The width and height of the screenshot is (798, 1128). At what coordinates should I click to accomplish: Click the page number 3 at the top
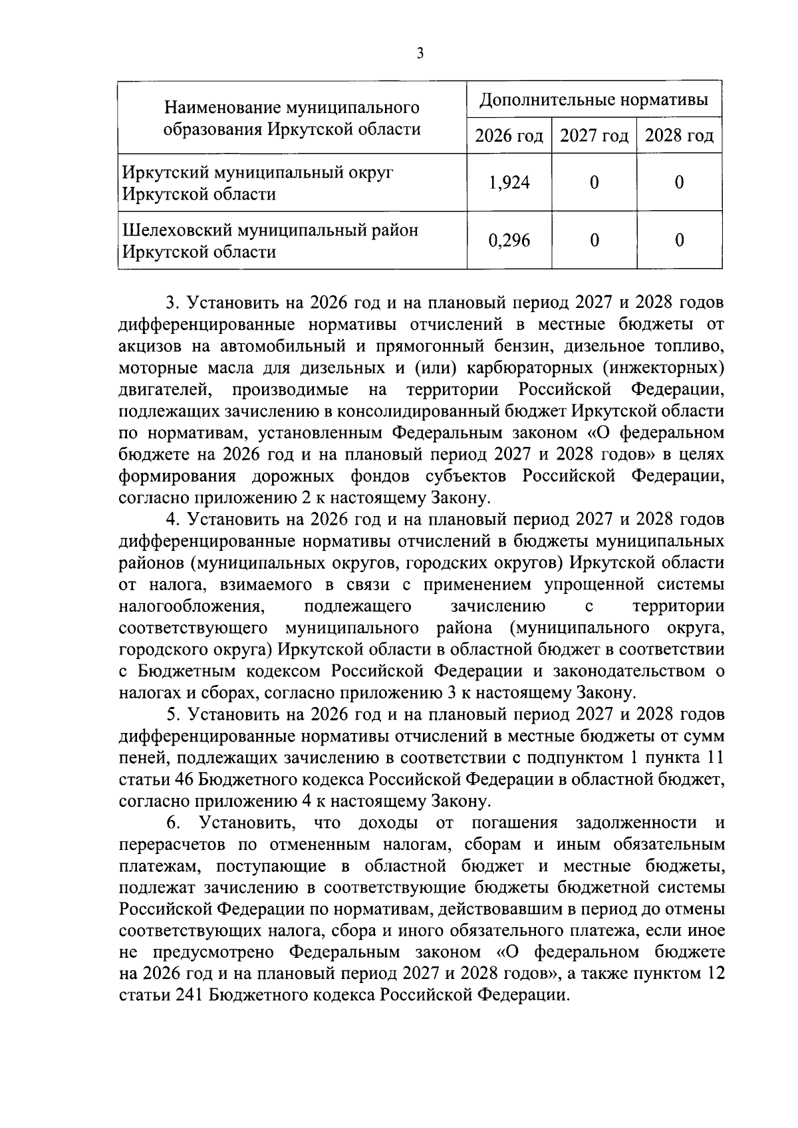coord(419,54)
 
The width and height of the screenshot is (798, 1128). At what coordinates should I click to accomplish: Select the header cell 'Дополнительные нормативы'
coord(594,100)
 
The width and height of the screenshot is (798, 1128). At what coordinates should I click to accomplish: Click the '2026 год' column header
coord(509,136)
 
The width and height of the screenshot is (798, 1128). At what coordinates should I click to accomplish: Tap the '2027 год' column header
coord(594,136)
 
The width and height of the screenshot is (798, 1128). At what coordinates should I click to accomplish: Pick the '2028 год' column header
coord(679,136)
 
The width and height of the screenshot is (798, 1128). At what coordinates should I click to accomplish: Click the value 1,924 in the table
coord(509,183)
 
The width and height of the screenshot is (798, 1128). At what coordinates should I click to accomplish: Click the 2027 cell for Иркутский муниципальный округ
coord(594,183)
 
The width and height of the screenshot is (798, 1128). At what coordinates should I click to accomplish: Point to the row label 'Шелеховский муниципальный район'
coord(271,230)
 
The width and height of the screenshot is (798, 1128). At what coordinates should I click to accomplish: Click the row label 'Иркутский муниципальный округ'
coord(257,172)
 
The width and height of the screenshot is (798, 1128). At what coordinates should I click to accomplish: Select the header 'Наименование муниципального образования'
coord(292,118)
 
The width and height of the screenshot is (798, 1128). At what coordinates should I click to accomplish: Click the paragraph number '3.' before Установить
coord(173,303)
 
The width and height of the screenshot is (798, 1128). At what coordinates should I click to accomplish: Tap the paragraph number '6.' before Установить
coord(173,823)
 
